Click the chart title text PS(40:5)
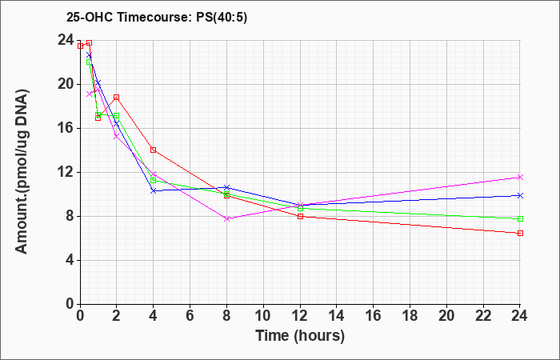(222, 18)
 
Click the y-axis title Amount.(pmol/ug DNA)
(22, 172)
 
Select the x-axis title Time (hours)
(300, 336)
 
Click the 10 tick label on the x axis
(263, 315)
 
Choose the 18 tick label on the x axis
(410, 315)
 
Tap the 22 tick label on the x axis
(483, 315)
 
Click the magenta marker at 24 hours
(520, 177)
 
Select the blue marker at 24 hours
(520, 195)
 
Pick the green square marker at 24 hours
(520, 218)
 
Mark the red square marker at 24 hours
(520, 233)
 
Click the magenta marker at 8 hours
(226, 218)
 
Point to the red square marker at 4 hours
(154, 150)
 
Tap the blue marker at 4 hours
(154, 190)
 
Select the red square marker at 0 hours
(80, 46)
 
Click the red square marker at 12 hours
(300, 216)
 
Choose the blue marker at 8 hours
(226, 187)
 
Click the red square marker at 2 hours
(117, 97)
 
